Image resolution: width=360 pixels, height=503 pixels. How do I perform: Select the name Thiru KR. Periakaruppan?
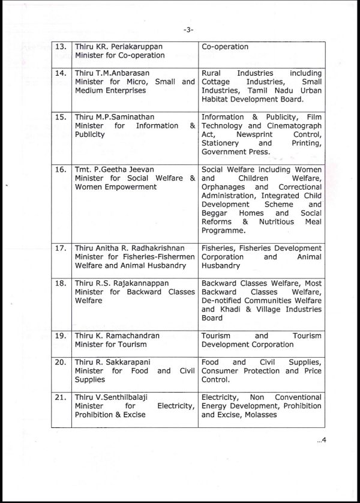pyautogui.click(x=113, y=47)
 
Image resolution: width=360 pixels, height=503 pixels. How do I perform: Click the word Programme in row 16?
pyautogui.click(x=224, y=230)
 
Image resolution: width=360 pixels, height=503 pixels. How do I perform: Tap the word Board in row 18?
pyautogui.click(x=212, y=318)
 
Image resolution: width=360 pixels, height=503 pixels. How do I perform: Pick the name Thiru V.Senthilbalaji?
pyautogui.click(x=111, y=397)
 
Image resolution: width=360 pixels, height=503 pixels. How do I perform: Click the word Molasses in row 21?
pyautogui.click(x=257, y=415)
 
